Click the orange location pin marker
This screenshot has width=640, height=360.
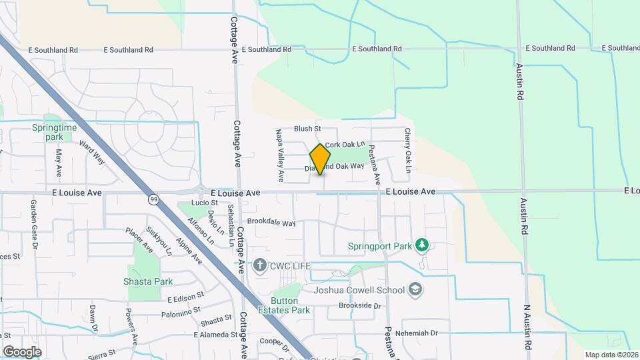click(321, 159)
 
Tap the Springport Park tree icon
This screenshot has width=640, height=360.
click(421, 245)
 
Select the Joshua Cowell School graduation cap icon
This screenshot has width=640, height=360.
click(415, 289)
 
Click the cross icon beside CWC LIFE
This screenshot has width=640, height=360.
click(261, 266)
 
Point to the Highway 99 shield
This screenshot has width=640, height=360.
click(154, 199)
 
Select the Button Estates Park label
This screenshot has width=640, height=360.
click(290, 305)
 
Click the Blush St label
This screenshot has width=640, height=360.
click(308, 129)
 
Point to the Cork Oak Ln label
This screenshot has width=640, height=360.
click(345, 144)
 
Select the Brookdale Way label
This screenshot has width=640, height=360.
click(271, 223)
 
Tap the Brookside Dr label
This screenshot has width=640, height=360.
click(359, 306)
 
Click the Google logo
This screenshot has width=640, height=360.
click(22, 351)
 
